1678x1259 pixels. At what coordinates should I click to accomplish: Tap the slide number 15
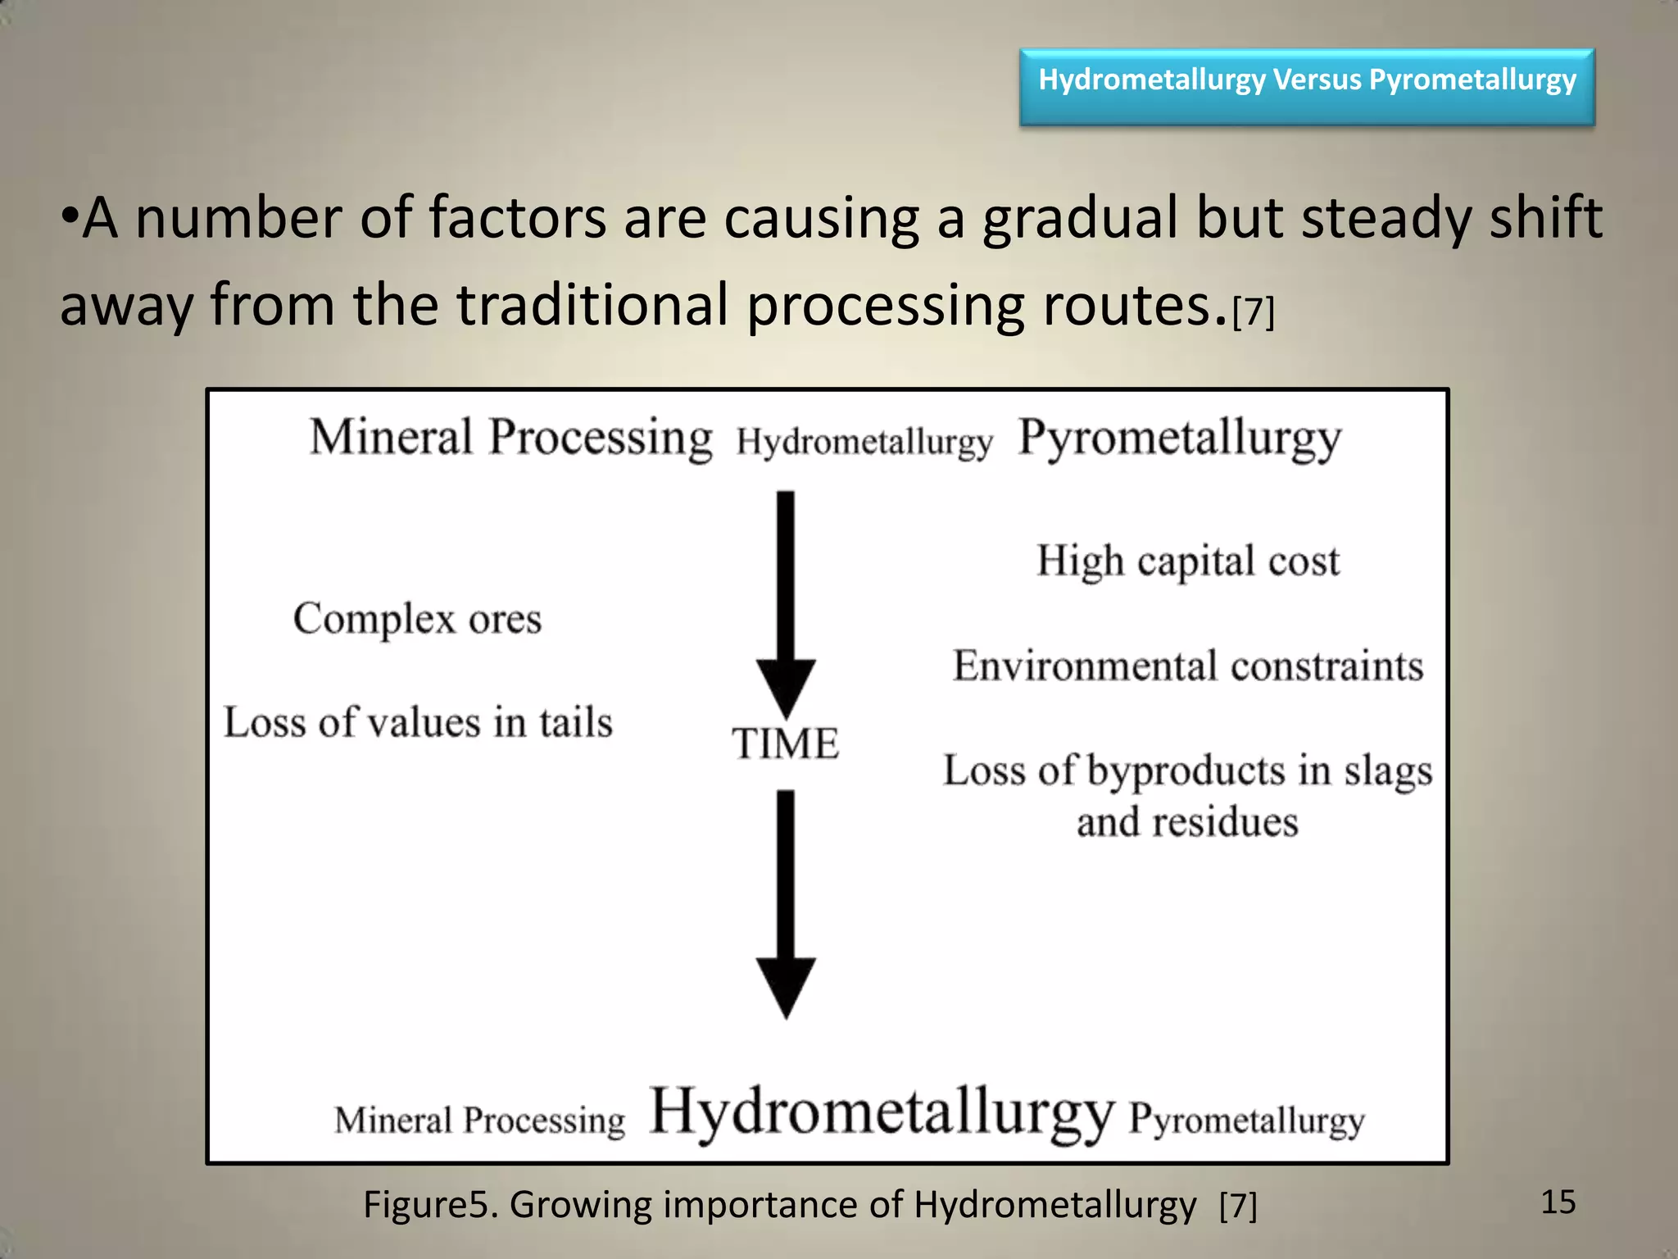pyautogui.click(x=1558, y=1202)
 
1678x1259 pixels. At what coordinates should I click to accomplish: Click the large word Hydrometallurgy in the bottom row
pyautogui.click(x=882, y=1113)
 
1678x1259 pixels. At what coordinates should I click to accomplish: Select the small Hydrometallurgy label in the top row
pyautogui.click(x=864, y=443)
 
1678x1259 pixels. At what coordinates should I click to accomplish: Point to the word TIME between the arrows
pyautogui.click(x=785, y=744)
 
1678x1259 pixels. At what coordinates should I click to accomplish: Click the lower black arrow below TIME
pyautogui.click(x=785, y=902)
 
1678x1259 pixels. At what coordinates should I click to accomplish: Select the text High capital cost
pyautogui.click(x=1188, y=562)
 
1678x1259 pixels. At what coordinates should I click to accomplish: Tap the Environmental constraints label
pyautogui.click(x=1188, y=666)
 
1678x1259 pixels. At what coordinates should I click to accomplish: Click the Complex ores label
pyautogui.click(x=417, y=619)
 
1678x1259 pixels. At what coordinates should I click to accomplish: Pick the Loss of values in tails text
pyautogui.click(x=418, y=723)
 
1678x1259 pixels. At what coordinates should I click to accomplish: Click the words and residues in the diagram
pyautogui.click(x=1187, y=822)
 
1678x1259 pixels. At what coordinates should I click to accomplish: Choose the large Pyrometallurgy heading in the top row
pyautogui.click(x=1179, y=439)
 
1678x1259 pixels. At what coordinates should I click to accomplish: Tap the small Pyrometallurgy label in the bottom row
pyautogui.click(x=1246, y=1120)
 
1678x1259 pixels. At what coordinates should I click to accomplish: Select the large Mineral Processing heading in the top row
pyautogui.click(x=510, y=437)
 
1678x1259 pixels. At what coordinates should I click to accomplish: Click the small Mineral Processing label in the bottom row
pyautogui.click(x=479, y=1120)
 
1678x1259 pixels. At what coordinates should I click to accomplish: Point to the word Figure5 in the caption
pyautogui.click(x=429, y=1205)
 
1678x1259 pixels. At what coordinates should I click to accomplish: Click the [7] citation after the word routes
pyautogui.click(x=1254, y=311)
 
